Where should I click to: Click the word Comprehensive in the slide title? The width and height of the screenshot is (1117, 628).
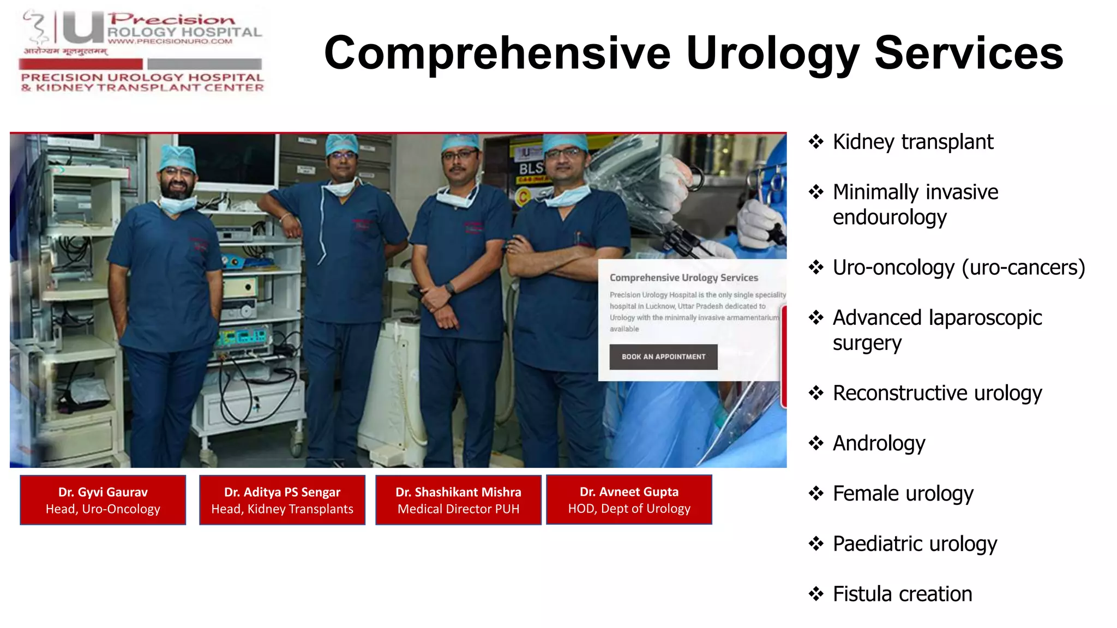(497, 53)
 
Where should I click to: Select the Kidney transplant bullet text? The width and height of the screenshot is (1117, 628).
(912, 142)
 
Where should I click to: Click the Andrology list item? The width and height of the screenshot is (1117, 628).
(879, 443)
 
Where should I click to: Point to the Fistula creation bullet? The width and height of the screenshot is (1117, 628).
(902, 594)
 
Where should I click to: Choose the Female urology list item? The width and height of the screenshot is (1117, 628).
(903, 493)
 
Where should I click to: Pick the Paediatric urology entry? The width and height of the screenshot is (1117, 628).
(915, 544)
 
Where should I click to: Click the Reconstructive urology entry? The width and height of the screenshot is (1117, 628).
(937, 393)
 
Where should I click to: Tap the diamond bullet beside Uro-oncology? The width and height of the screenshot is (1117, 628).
(816, 267)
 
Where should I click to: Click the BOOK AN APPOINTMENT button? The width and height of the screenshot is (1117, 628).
(663, 357)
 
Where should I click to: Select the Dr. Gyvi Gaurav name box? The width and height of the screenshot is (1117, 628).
(103, 500)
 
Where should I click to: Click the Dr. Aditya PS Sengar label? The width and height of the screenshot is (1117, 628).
(282, 500)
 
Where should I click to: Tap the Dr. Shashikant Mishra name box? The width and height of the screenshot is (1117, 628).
(458, 500)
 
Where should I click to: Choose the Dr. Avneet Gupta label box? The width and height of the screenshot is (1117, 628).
(629, 499)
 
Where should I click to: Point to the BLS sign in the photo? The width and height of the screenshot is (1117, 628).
(530, 168)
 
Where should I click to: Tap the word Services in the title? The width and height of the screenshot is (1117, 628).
(969, 53)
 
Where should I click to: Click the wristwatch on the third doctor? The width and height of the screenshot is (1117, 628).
(449, 288)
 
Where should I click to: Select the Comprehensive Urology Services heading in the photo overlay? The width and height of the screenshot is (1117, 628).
(683, 277)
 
